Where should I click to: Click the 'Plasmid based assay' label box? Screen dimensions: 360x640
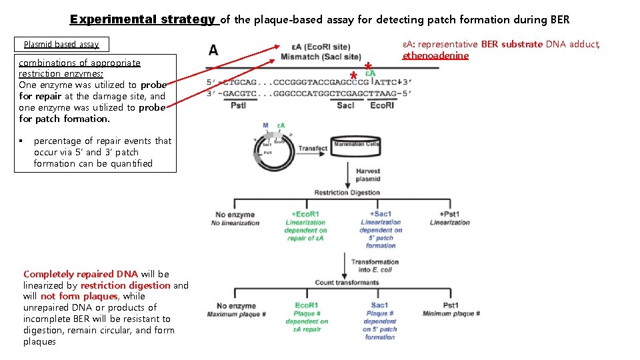61,45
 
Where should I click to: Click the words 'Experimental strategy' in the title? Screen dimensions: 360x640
143,19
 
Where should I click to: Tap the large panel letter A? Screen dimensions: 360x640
213,50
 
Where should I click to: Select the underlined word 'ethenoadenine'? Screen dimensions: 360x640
435,55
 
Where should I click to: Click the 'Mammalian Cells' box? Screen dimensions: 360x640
357,144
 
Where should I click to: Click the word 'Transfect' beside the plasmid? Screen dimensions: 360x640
313,148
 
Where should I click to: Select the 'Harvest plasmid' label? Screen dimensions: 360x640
367,175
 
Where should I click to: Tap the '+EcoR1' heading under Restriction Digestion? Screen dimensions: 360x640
305,214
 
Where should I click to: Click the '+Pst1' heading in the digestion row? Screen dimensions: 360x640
449,214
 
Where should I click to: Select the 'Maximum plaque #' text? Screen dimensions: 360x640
237,314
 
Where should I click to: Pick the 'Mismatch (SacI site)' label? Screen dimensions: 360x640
321,57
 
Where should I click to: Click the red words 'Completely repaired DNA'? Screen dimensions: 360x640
81,274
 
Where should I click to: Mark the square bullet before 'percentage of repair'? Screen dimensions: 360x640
22,141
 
